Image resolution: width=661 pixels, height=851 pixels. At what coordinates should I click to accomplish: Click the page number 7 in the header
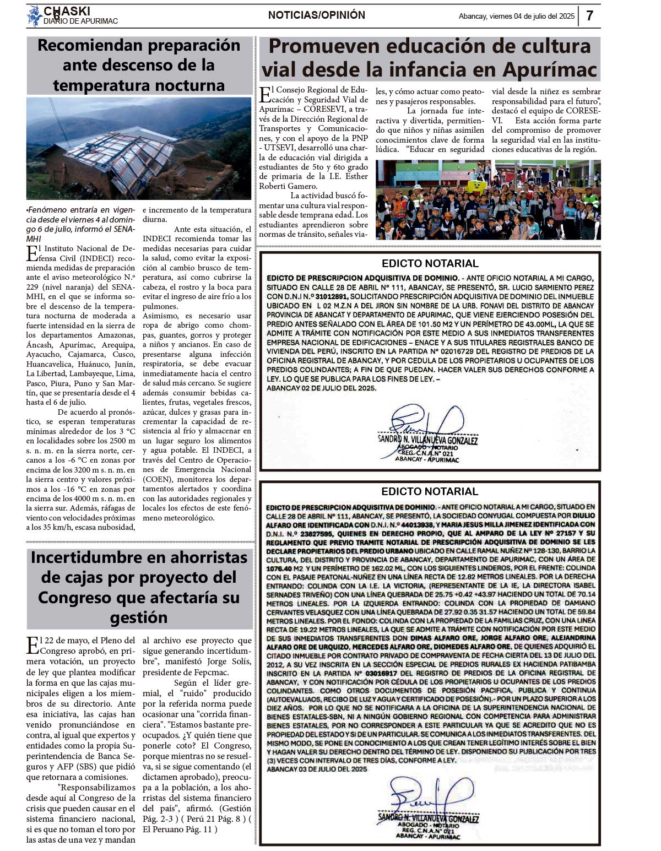pyautogui.click(x=589, y=15)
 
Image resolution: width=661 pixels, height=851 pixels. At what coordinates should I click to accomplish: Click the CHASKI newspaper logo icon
pyautogui.click(x=34, y=15)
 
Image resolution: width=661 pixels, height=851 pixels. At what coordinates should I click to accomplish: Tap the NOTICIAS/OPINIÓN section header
pyautogui.click(x=316, y=15)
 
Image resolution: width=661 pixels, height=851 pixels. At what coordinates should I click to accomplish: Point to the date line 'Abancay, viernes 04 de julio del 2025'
pyautogui.click(x=516, y=17)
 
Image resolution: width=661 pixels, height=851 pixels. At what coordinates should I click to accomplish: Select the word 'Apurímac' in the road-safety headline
pyautogui.click(x=550, y=70)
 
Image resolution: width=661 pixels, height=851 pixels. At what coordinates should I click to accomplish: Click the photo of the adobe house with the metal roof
pyautogui.click(x=138, y=148)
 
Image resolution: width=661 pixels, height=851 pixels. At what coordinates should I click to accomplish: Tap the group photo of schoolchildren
pyautogui.click(x=488, y=199)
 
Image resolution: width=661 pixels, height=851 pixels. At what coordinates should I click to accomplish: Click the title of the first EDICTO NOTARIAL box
pyautogui.click(x=430, y=263)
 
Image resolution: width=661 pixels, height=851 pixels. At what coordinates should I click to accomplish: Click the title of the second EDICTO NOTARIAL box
pyautogui.click(x=430, y=491)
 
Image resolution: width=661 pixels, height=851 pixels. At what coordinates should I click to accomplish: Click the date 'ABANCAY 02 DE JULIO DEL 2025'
pyautogui.click(x=321, y=388)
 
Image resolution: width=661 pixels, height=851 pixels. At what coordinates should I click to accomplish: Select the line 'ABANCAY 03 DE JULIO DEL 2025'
pyautogui.click(x=317, y=769)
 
